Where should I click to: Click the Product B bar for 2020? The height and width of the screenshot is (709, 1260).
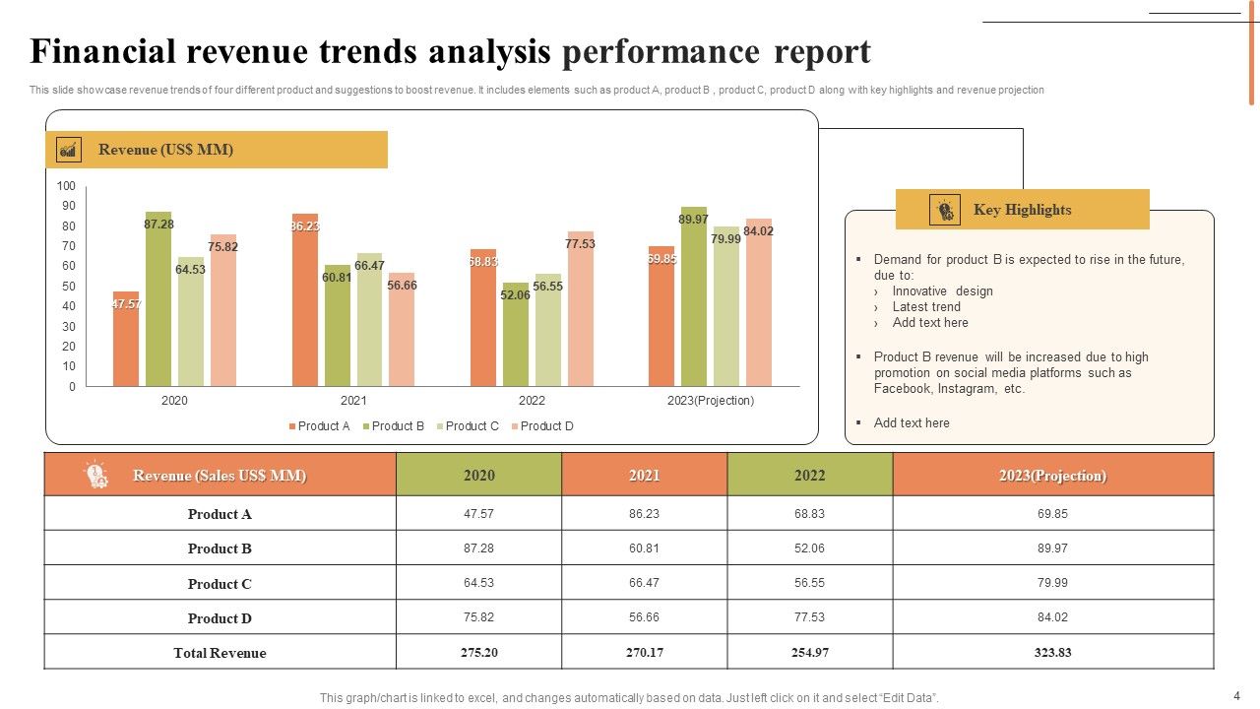[x=158, y=299]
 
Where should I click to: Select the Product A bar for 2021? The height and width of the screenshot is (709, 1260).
[x=305, y=300]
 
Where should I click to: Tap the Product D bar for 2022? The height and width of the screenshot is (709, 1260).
[x=581, y=309]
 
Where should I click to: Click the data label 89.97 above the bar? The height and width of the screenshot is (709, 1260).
[x=693, y=220]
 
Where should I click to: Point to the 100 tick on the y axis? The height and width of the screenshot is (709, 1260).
[x=66, y=186]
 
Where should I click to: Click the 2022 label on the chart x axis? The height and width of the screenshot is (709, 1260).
[x=532, y=401]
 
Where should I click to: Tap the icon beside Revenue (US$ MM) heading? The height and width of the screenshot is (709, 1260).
[x=69, y=150]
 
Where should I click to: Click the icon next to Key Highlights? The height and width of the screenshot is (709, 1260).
[x=944, y=210]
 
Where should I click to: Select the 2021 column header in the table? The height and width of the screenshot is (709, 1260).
[x=644, y=476]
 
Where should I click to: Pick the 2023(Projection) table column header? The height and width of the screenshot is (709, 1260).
[x=1052, y=476]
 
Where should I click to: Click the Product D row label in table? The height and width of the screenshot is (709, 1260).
[x=220, y=618]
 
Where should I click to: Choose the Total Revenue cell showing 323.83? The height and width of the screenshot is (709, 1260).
[x=1052, y=653]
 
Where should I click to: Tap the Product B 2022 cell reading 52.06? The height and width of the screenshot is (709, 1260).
[x=809, y=548]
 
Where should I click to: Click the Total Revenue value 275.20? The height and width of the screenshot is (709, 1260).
[x=478, y=653]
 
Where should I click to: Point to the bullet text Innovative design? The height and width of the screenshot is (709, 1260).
[x=942, y=291]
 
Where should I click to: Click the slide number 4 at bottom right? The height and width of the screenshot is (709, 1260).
[x=1236, y=694]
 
